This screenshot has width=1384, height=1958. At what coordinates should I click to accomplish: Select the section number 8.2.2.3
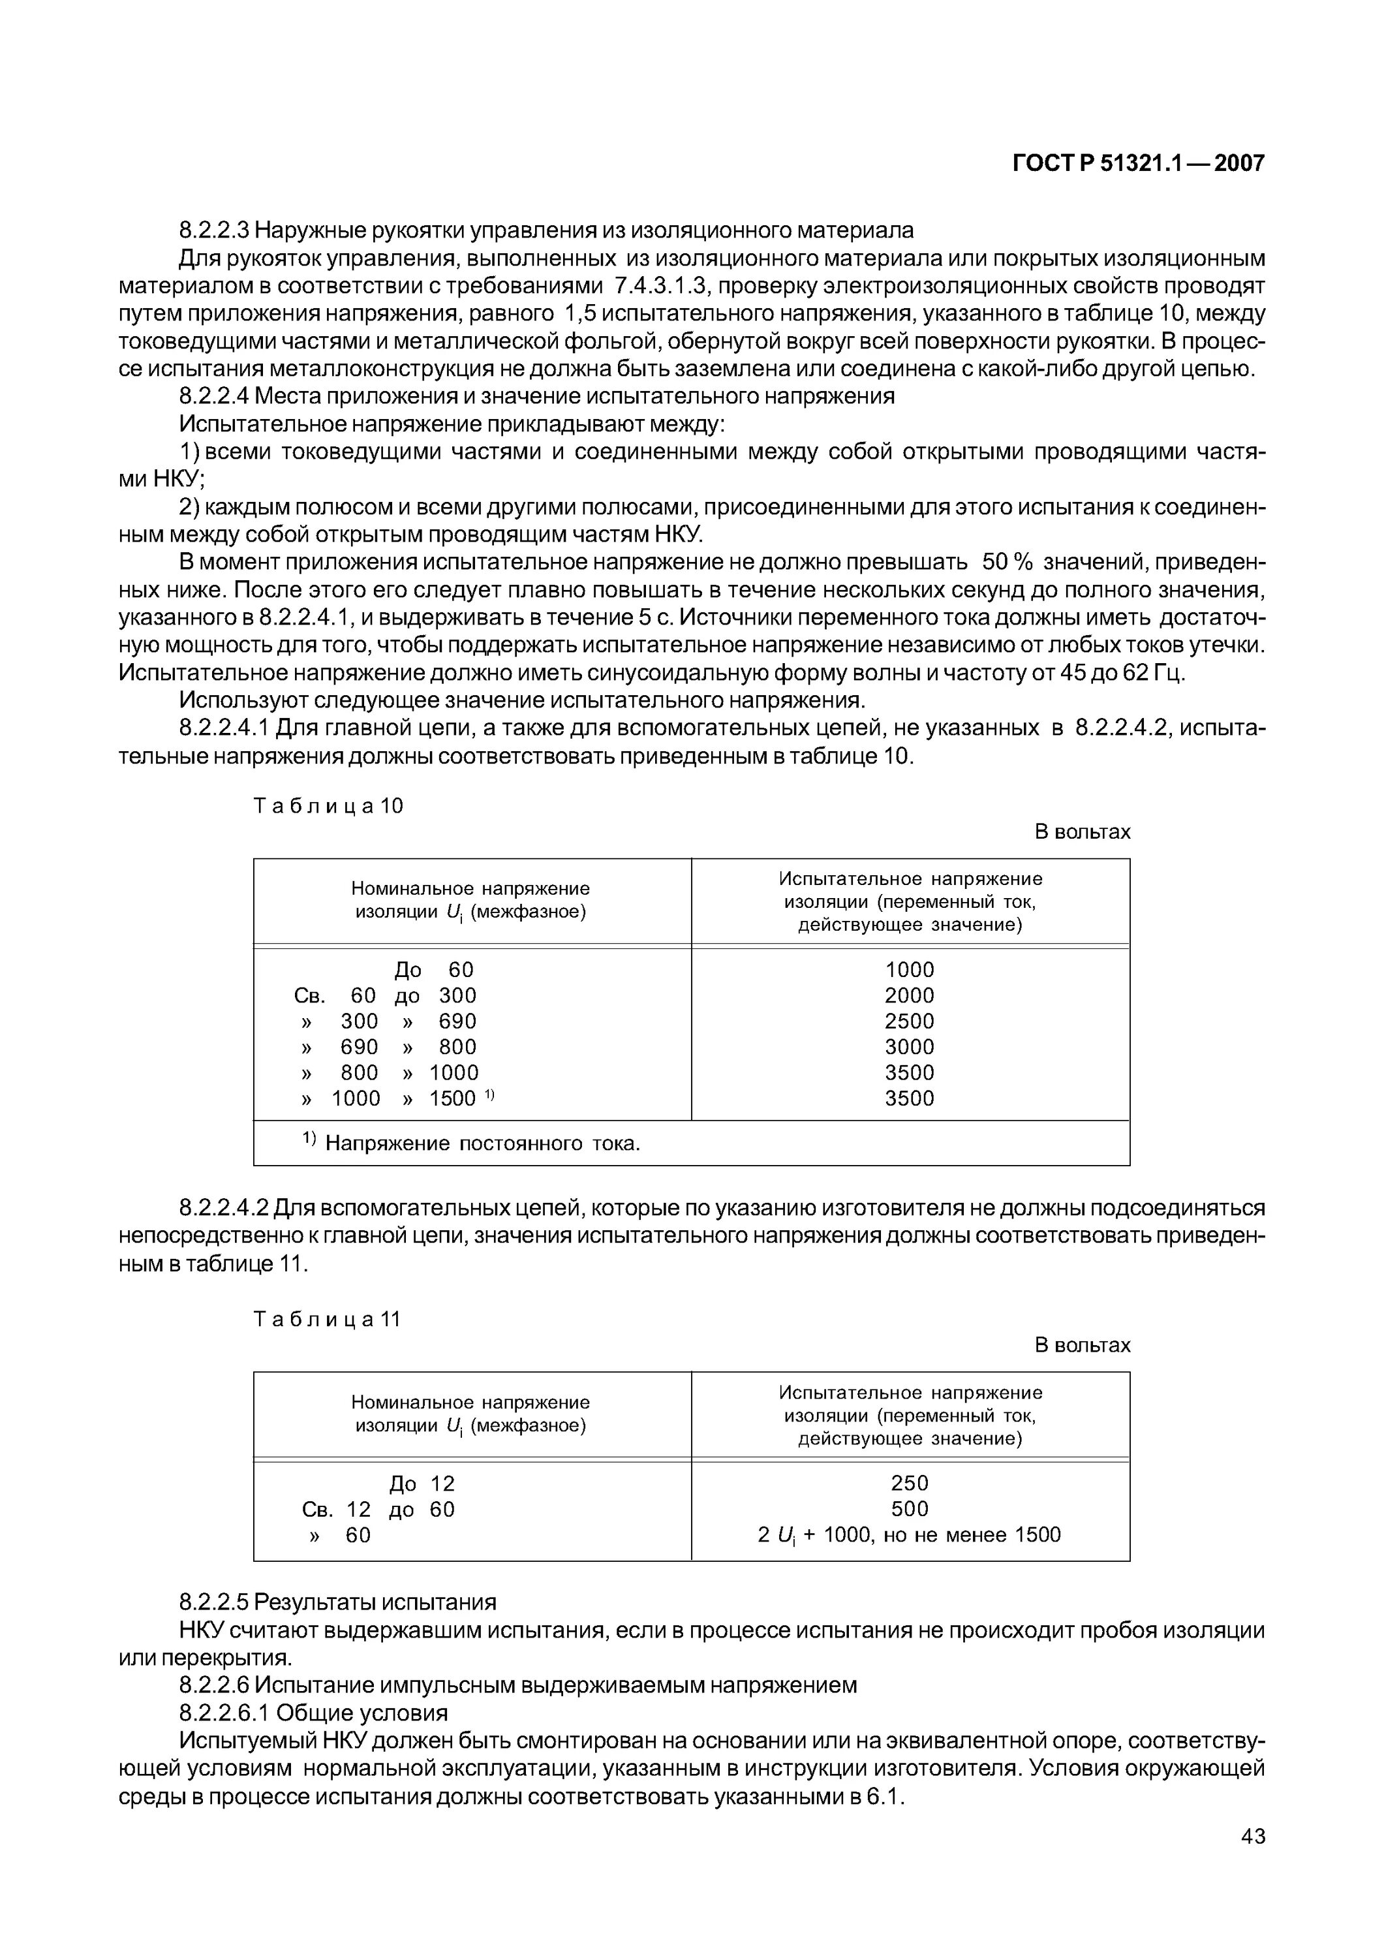pyautogui.click(x=214, y=230)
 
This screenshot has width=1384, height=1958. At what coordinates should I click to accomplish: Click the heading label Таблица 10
pyautogui.click(x=328, y=806)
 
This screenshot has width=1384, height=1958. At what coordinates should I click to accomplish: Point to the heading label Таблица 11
pyautogui.click(x=328, y=1319)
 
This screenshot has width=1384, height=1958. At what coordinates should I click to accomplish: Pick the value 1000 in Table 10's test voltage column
pyautogui.click(x=909, y=970)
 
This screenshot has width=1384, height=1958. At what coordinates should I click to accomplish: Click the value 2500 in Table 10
pyautogui.click(x=909, y=1021)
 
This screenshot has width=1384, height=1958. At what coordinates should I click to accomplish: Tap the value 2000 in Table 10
pyautogui.click(x=909, y=995)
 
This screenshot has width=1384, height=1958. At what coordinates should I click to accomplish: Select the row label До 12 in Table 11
pyautogui.click(x=422, y=1484)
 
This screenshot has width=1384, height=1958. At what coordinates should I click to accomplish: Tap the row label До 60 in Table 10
pyautogui.click(x=433, y=970)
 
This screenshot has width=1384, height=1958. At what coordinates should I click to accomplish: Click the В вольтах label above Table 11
pyautogui.click(x=1081, y=1345)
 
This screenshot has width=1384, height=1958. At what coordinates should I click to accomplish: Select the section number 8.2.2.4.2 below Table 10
pyautogui.click(x=224, y=1207)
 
